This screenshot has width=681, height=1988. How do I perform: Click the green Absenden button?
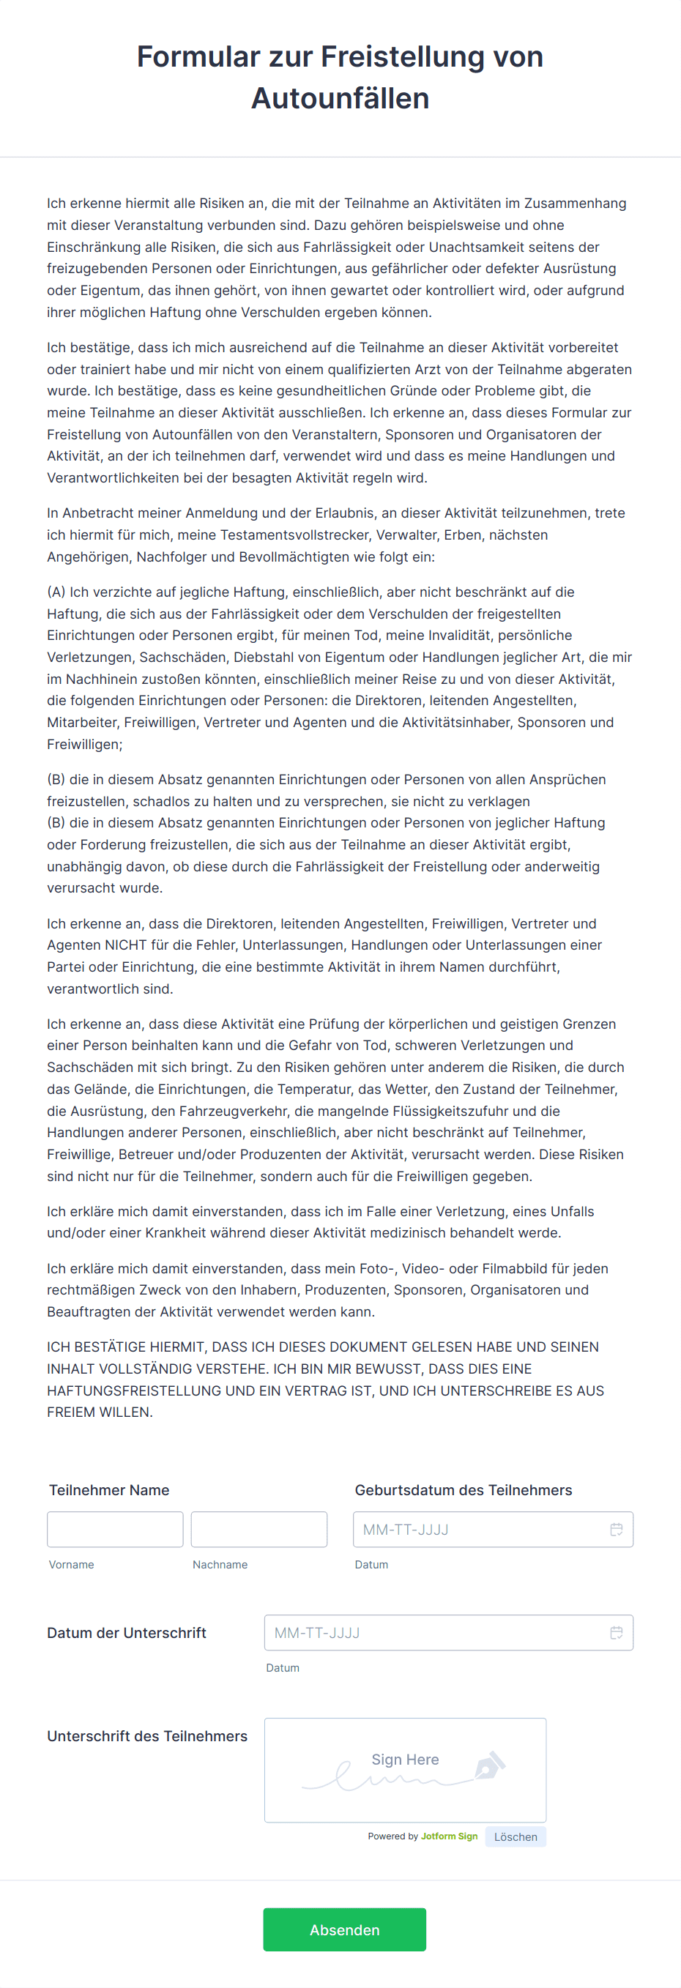point(344,1929)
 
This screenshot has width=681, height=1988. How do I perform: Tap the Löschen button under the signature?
point(515,1836)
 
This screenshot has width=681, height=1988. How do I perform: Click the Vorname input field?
point(115,1529)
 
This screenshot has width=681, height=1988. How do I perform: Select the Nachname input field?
point(258,1529)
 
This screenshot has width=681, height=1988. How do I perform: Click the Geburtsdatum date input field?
point(479,1529)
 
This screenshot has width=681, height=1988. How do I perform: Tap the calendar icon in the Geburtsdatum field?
point(616,1529)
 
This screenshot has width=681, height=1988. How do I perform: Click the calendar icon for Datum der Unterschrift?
point(616,1632)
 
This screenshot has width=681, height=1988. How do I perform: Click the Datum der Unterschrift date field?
point(432,1632)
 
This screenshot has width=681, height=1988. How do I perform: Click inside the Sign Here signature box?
point(405,1770)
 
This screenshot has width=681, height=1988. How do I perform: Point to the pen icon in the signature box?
point(490,1765)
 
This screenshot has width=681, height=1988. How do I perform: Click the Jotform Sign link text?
point(450,1836)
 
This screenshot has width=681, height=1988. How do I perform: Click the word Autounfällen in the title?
point(340,99)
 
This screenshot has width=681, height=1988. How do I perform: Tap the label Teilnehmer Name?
point(109,1489)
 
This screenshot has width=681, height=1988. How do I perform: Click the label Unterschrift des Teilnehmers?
point(146,1735)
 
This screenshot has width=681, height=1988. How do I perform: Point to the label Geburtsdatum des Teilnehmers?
point(464,1489)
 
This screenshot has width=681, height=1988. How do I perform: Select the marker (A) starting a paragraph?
point(56,592)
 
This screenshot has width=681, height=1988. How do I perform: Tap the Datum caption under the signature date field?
point(283,1668)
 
